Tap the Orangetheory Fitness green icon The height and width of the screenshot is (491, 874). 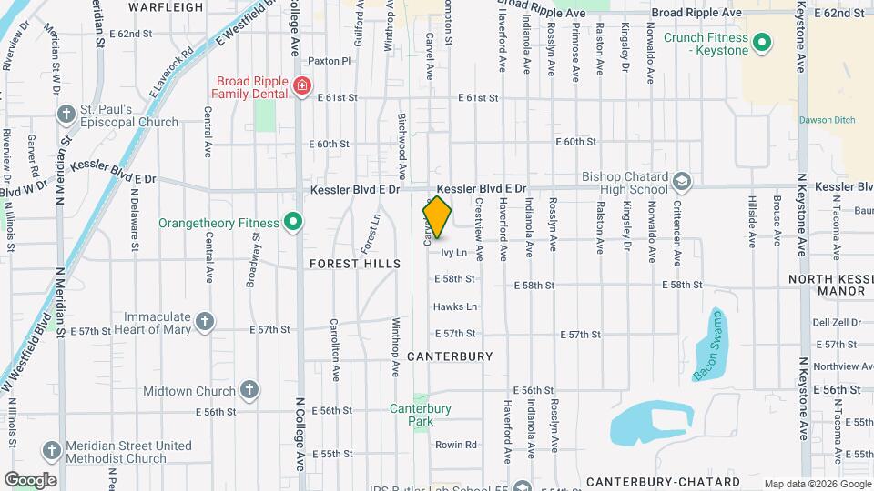coord(293,222)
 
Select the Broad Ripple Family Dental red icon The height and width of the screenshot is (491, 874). coord(301,86)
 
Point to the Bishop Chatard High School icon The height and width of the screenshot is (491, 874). coord(681,183)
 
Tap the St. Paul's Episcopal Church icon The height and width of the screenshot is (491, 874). coord(66,115)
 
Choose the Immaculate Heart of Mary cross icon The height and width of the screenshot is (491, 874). coord(206,320)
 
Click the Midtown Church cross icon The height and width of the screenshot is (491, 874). coord(249,391)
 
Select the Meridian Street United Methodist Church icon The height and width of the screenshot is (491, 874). coord(52,451)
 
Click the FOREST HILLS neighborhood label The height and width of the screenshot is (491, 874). coord(355,264)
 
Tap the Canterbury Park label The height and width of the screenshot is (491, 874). coord(421,415)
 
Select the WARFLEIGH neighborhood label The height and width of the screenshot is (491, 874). coord(166,7)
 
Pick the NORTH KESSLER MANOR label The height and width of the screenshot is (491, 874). coord(827,285)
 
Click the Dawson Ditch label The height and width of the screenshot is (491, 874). coord(823,120)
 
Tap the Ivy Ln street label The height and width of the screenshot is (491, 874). coord(454,252)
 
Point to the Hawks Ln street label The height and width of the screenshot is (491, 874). coord(455,306)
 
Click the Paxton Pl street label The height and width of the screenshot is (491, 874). coord(329,61)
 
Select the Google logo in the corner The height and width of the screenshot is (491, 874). coord(29,480)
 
